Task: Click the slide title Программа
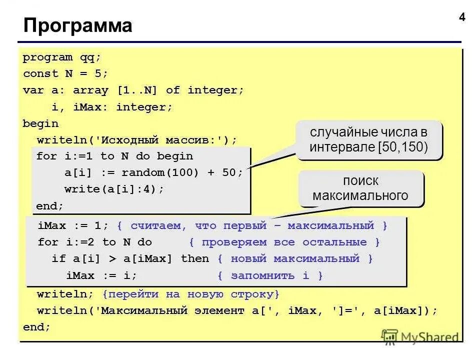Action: coord(78,25)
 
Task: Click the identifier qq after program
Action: coord(90,57)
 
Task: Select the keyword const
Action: coord(40,73)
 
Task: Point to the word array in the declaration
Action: coord(90,90)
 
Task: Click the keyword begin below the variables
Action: coord(40,123)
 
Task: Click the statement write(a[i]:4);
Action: coord(114,189)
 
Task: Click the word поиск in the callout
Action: coord(360,180)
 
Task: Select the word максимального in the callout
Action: coord(360,195)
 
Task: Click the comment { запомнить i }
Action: coord(270,275)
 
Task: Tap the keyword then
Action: coord(195,258)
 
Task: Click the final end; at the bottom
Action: coord(37,327)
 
